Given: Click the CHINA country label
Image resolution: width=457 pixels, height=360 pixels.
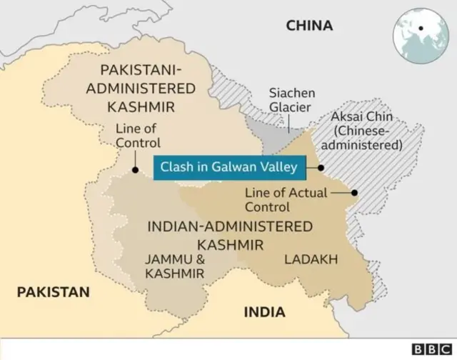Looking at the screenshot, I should tap(309, 26).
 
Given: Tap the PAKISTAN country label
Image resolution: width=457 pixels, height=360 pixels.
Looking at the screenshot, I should tap(54, 291).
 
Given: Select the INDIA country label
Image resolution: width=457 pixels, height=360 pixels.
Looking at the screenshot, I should tap(264, 312).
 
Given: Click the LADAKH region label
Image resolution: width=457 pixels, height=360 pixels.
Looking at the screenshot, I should tap(311, 259).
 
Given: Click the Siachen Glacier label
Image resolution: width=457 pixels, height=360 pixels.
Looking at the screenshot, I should tap(291, 100).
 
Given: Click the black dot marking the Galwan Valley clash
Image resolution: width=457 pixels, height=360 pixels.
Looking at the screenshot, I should tap(321, 168).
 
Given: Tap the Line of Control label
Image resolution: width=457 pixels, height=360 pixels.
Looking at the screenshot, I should tap(138, 136).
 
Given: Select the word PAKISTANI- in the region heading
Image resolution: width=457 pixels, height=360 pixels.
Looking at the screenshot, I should tap(141, 71).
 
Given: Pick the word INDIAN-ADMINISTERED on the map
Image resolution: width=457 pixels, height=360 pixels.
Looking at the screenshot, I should tap(229, 226).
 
